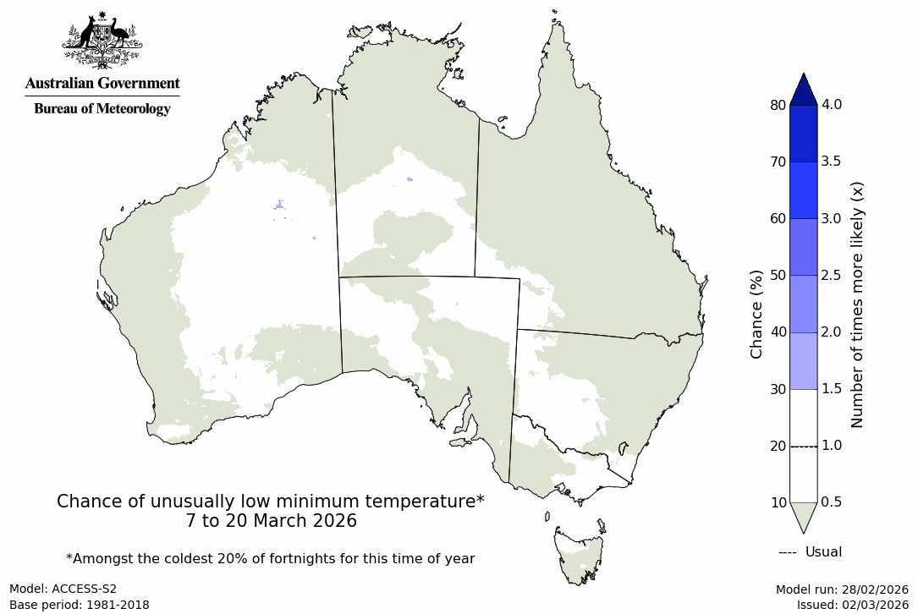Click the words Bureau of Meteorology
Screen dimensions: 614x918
click(x=102, y=108)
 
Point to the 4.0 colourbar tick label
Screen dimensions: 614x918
click(x=832, y=105)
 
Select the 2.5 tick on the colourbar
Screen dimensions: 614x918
click(x=832, y=276)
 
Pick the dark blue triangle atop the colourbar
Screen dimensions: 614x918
click(x=803, y=89)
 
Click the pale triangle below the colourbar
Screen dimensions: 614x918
click(x=803, y=515)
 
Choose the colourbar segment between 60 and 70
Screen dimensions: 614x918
click(x=803, y=190)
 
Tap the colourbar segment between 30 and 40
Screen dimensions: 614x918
click(x=803, y=361)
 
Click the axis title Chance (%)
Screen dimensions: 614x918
click(x=756, y=314)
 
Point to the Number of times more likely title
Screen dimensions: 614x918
click(x=857, y=304)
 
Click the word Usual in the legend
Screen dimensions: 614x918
click(x=823, y=552)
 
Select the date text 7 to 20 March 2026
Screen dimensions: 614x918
click(x=271, y=521)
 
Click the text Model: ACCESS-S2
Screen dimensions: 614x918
click(x=63, y=589)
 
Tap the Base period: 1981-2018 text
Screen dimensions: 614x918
click(x=79, y=605)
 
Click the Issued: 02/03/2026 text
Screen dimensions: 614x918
click(x=852, y=605)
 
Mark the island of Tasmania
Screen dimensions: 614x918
click(x=580, y=555)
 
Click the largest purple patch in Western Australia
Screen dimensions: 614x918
click(x=279, y=205)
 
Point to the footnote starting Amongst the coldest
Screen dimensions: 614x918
click(x=271, y=559)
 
